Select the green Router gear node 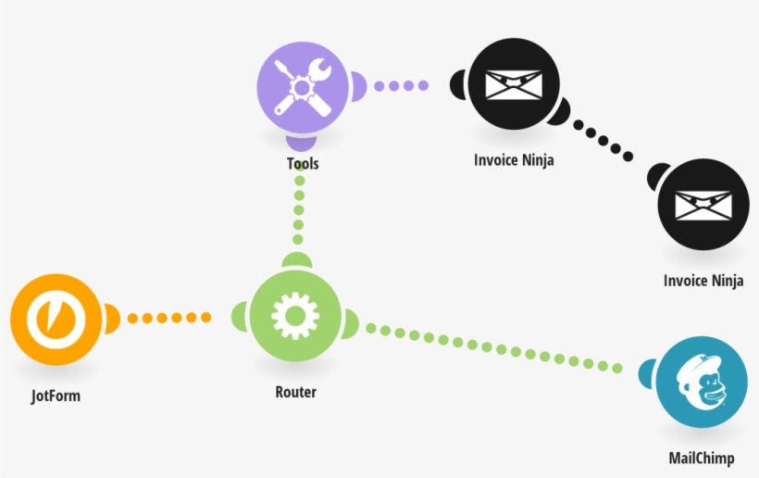pyautogui.click(x=294, y=317)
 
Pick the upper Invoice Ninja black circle pyautogui.click(x=513, y=86)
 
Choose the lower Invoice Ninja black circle pyautogui.click(x=703, y=205)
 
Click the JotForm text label pyautogui.click(x=56, y=396)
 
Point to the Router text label pyautogui.click(x=295, y=392)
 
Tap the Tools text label pyautogui.click(x=303, y=164)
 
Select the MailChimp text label pyautogui.click(x=701, y=459)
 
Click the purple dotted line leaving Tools pyautogui.click(x=402, y=85)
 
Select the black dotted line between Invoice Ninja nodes pyautogui.click(x=603, y=143)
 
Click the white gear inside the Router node pyautogui.click(x=294, y=317)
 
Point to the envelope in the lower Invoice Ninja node pyautogui.click(x=703, y=205)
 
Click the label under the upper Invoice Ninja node pyautogui.click(x=514, y=159)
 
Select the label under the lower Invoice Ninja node pyautogui.click(x=703, y=281)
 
